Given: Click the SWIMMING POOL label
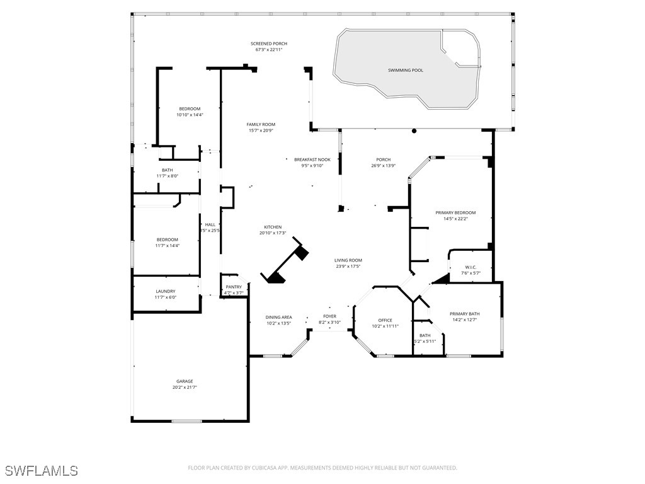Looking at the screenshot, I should coord(405,70).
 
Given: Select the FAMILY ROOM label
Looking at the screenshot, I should coord(260,125).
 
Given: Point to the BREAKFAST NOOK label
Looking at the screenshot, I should coord(312,159).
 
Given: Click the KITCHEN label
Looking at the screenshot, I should coord(273,227).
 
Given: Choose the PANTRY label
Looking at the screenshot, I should coord(234,287).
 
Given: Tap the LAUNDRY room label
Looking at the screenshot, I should coord(166,291).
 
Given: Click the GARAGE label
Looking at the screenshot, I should coord(185,381).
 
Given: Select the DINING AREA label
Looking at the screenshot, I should coord(278,317).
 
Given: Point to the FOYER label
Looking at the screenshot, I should coord(329,316).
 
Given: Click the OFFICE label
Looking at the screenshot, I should coord(385,320).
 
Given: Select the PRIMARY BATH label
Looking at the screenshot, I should coord(464,314).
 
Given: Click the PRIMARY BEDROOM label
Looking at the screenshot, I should coord(455,213).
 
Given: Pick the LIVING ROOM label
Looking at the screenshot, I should coord(348,260).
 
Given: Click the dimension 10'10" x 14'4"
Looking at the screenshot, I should coord(189,115).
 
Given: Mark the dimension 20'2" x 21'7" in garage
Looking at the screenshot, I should coord(185,387).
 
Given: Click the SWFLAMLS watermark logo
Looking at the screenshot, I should coord(41,471).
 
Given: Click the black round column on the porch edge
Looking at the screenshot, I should coord(414,131).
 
